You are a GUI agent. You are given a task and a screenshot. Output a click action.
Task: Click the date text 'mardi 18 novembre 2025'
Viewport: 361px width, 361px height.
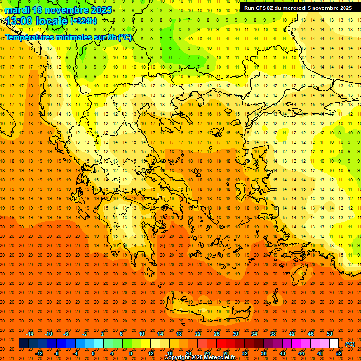pos(58,10)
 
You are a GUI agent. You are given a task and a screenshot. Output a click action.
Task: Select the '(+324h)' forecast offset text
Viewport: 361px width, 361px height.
pos(84,21)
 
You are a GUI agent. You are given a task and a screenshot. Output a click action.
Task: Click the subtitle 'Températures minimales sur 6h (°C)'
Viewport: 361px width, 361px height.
pos(68,37)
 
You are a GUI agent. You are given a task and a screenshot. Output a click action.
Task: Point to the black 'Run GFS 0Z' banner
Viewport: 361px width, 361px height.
pos(298,8)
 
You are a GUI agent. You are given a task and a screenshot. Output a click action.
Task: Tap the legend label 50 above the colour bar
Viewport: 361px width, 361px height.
pos(330,334)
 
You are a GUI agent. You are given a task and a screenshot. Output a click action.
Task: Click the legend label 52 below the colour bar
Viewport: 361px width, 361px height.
pos(339,353)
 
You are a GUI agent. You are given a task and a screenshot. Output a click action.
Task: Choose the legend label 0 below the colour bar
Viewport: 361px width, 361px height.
pos(93,353)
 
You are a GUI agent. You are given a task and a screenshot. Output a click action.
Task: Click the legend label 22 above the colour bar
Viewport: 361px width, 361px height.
pos(198,334)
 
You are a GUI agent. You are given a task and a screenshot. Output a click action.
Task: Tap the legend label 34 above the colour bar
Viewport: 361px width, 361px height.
pos(254,334)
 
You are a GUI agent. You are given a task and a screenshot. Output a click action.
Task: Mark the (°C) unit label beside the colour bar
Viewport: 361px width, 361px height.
pos(350,344)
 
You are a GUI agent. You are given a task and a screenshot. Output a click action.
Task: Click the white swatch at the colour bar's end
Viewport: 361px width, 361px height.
pos(334,344)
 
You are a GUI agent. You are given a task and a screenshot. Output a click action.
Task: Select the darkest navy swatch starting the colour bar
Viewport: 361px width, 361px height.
pos(24,344)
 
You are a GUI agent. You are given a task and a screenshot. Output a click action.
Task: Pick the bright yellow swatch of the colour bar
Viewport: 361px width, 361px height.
pos(146,344)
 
